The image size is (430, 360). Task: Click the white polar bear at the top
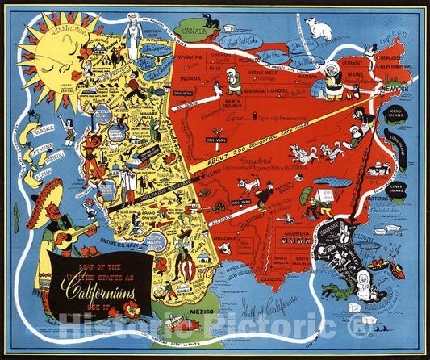(319, 31)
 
